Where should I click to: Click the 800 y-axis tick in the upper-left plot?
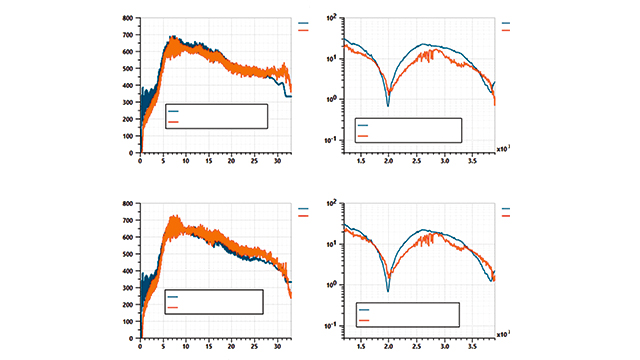point(129,19)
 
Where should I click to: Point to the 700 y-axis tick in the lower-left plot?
point(129,220)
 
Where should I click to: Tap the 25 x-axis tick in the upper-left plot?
point(254,161)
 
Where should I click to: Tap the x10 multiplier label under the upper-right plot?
point(502,150)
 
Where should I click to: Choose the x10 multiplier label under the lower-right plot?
point(502,335)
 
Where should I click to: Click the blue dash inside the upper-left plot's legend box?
point(174,111)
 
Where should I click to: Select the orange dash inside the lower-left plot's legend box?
point(174,307)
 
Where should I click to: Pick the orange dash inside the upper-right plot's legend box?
point(362,135)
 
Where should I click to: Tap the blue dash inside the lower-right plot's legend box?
point(363,310)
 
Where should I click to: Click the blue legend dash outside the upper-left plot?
point(305,22)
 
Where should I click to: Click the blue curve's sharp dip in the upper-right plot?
point(388,104)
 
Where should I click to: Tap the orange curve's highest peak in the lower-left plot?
point(173,216)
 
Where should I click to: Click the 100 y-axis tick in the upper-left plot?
point(129,136)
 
